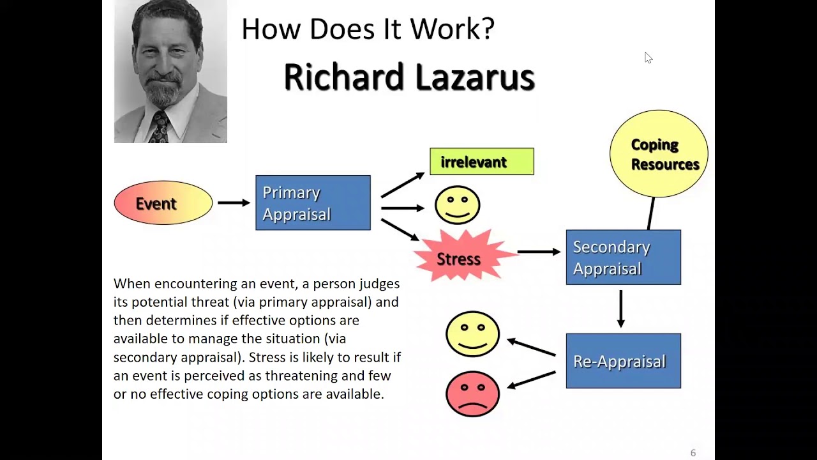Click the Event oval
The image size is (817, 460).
[x=163, y=203]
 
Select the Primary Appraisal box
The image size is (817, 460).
[x=313, y=203]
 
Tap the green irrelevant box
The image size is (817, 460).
[x=482, y=162]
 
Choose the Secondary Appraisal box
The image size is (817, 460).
[x=624, y=257]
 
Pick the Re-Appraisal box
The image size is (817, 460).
[x=624, y=361]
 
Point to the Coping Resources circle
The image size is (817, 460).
[x=659, y=154]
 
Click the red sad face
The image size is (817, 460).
[x=473, y=394]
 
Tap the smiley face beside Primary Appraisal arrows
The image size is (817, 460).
[x=458, y=205]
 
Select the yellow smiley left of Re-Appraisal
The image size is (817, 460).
[x=473, y=333]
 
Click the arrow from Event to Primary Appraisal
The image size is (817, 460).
[x=234, y=203]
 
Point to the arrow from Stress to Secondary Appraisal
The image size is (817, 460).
[x=539, y=252]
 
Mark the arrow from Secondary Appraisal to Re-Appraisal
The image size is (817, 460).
[x=621, y=309]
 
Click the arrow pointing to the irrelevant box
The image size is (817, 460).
[x=403, y=185]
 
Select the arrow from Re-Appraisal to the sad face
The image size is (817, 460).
[x=532, y=380]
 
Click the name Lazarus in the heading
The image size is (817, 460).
[x=475, y=77]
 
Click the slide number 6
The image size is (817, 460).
[x=693, y=453]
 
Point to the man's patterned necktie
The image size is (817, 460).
[x=159, y=126]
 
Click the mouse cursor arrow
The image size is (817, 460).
[x=648, y=57]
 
